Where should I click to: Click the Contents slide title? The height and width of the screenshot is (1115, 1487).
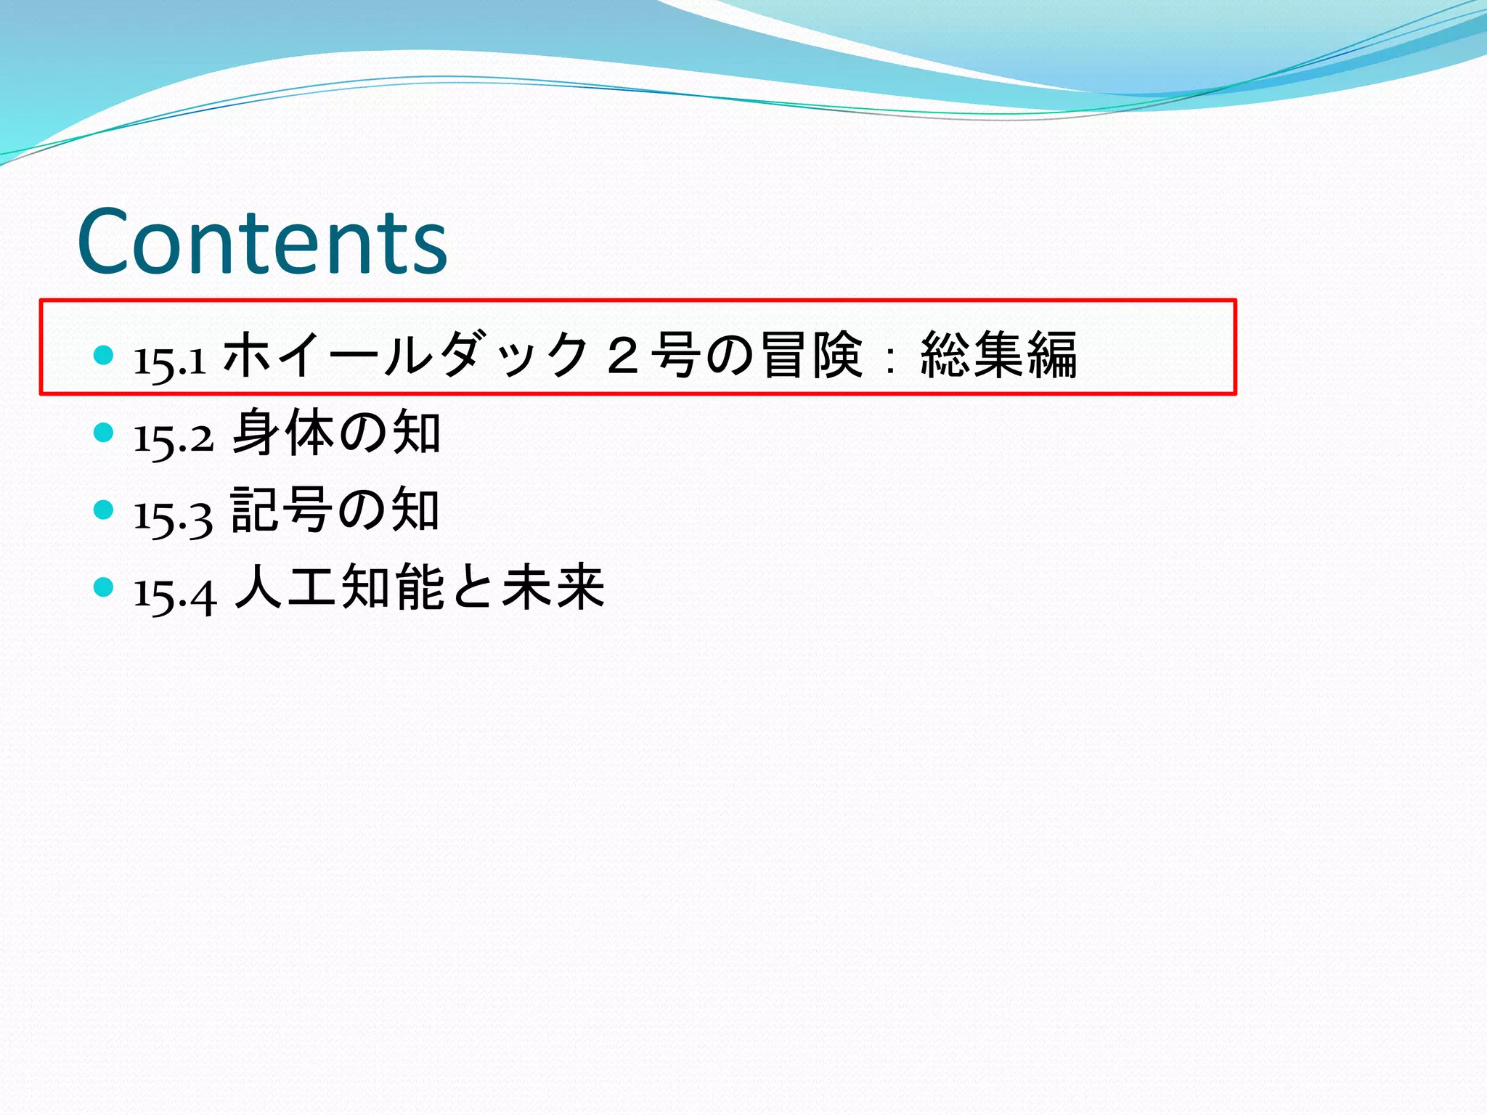click(x=262, y=242)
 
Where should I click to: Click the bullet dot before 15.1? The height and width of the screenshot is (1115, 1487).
click(x=104, y=355)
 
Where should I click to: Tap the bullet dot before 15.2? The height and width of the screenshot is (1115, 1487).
click(x=104, y=433)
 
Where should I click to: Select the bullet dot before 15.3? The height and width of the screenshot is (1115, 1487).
click(x=104, y=510)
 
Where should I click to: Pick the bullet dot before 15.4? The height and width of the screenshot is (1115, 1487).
click(x=104, y=587)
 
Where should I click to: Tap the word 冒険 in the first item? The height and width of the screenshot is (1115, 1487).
click(x=812, y=355)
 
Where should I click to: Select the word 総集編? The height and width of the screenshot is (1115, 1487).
click(x=998, y=355)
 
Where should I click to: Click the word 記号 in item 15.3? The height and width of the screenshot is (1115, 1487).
click(x=282, y=510)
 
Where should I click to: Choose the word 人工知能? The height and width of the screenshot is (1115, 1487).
click(x=339, y=587)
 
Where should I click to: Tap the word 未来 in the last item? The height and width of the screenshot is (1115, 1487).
click(x=553, y=587)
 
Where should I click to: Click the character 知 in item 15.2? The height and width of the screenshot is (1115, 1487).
click(x=416, y=433)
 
